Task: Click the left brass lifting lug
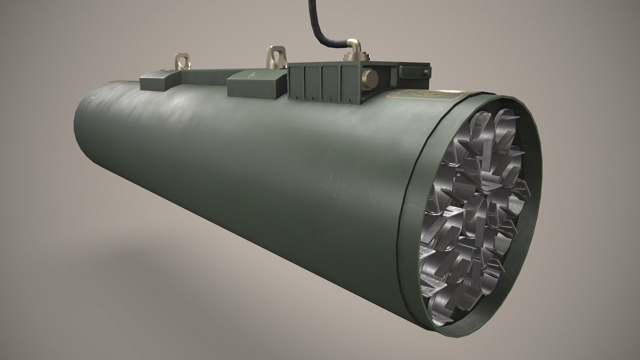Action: (x=182, y=62)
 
